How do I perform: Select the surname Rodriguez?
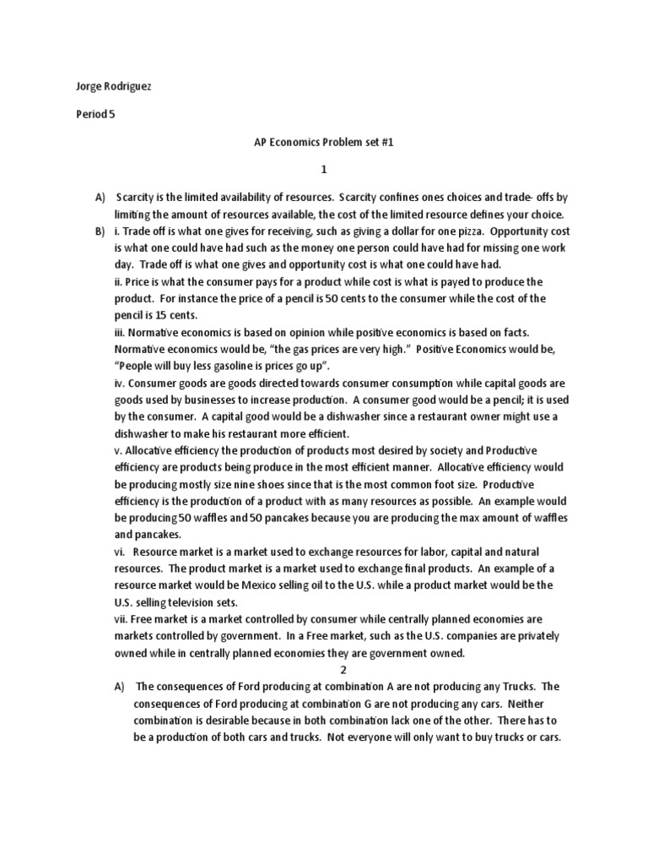pyautogui.click(x=129, y=86)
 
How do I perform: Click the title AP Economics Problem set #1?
pyautogui.click(x=324, y=144)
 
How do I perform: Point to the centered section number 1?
pyautogui.click(x=323, y=169)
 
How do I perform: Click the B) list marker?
pyautogui.click(x=100, y=231)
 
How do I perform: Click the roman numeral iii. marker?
pyautogui.click(x=121, y=331)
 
